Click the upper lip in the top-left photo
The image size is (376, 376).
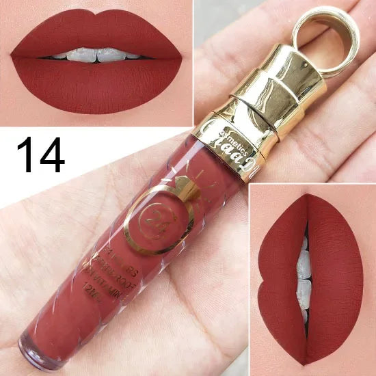point(96,31)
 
